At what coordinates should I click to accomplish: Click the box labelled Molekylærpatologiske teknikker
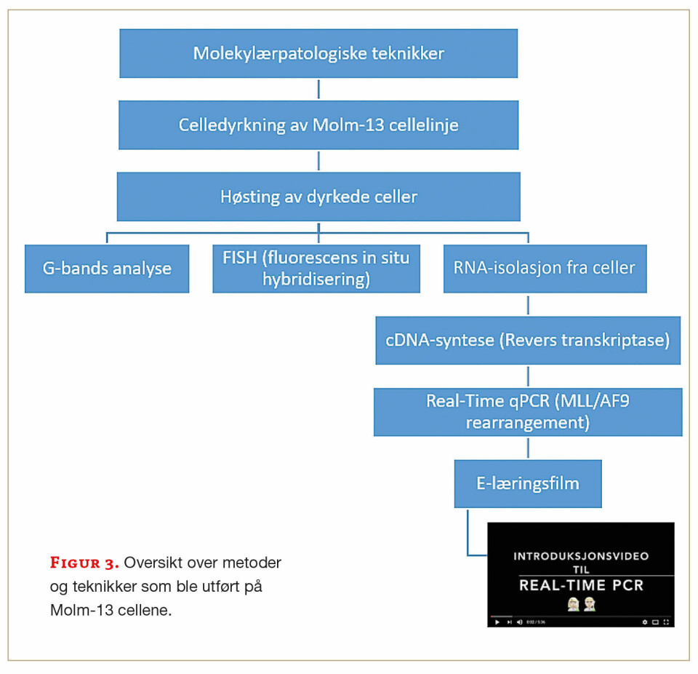point(318,53)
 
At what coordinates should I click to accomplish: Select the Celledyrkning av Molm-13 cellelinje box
point(318,124)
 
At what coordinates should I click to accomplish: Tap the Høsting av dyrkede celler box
point(318,197)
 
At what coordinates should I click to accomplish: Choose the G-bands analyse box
point(107,269)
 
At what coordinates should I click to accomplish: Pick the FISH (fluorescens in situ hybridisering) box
point(316,269)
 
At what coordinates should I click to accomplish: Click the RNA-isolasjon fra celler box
point(545,268)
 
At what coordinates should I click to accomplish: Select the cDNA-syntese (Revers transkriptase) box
point(528,340)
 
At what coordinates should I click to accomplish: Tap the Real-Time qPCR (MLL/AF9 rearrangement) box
point(528,412)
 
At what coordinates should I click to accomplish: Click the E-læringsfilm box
point(528,483)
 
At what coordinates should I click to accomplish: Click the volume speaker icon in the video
point(519,622)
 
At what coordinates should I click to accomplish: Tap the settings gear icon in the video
point(644,622)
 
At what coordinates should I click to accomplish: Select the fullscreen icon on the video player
point(665,622)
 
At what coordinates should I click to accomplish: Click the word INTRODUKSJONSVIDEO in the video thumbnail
point(581,556)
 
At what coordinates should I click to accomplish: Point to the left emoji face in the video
point(573,604)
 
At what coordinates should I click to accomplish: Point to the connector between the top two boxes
point(318,89)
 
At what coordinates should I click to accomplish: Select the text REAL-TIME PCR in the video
point(581,585)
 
